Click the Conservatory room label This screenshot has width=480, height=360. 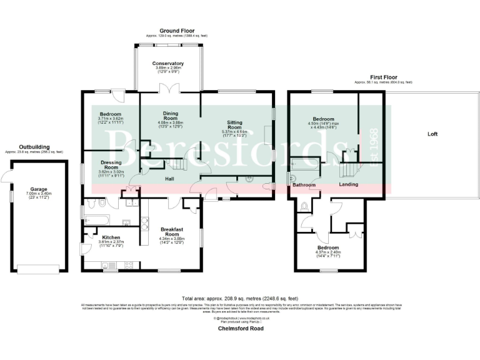[168, 63]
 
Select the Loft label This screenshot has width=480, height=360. [432, 134]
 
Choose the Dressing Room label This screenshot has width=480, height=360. [111, 165]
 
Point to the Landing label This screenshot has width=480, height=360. [348, 184]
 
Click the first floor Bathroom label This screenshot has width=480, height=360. [304, 185]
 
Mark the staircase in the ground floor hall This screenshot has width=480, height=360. [177, 165]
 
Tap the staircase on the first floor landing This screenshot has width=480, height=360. [347, 169]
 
